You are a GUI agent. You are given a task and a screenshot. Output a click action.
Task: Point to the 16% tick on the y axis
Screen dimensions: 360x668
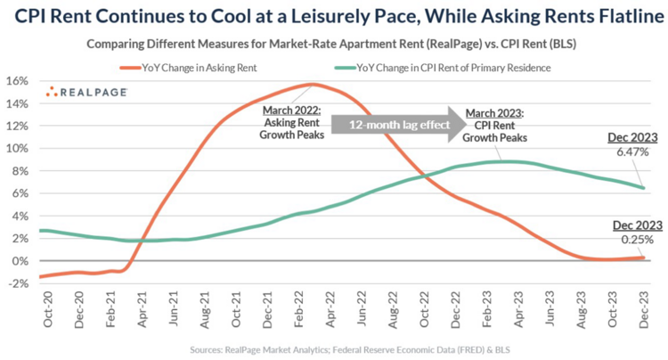point(19,80)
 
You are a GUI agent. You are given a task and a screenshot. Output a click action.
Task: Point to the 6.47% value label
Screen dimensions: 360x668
point(633,152)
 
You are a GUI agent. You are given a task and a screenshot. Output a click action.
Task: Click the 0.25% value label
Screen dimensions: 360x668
point(633,239)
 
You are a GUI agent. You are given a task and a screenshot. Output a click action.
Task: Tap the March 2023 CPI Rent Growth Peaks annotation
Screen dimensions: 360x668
point(497,127)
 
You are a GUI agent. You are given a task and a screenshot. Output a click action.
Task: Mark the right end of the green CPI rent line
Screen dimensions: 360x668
point(643,187)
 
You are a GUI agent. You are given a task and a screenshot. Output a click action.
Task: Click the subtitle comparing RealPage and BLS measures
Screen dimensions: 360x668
point(334,43)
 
